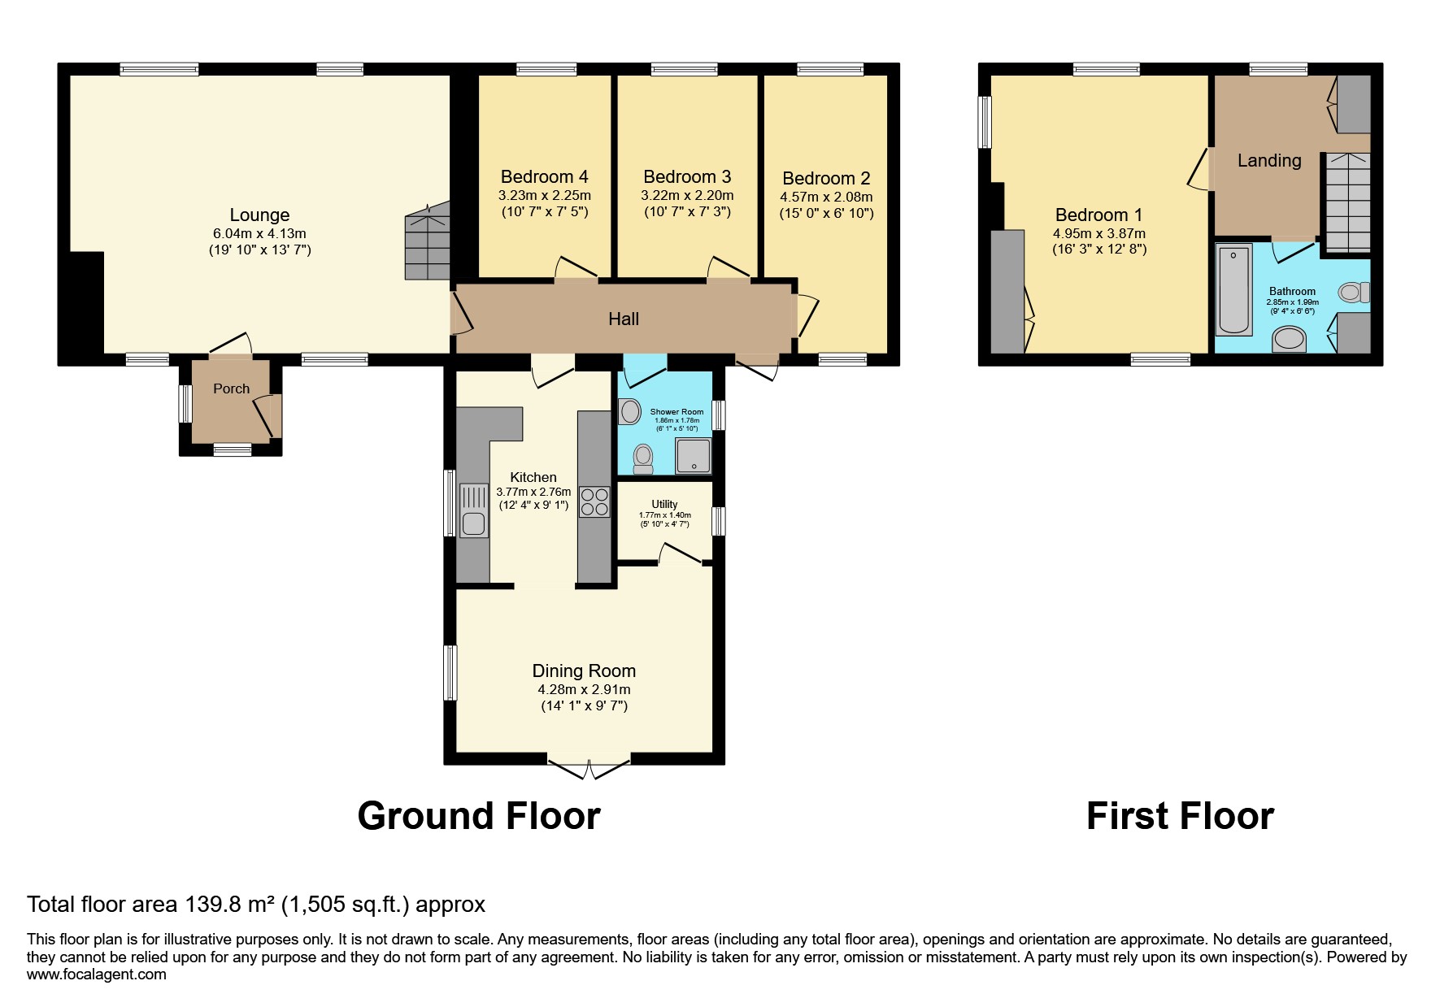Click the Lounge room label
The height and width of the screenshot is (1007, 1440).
click(259, 215)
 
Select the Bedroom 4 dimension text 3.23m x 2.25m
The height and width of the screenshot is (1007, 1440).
click(544, 196)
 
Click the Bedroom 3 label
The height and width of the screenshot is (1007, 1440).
click(687, 177)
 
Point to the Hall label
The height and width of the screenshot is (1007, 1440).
click(624, 319)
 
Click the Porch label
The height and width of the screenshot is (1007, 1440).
click(231, 389)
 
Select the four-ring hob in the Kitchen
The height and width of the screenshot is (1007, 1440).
click(594, 502)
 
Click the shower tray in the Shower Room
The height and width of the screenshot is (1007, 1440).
click(693, 457)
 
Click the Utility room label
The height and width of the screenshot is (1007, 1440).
click(664, 505)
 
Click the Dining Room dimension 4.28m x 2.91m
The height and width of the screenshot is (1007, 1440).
click(584, 689)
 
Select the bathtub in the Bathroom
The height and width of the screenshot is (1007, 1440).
click(1233, 291)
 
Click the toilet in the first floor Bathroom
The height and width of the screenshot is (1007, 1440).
click(1355, 292)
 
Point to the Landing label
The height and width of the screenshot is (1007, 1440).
click(1269, 161)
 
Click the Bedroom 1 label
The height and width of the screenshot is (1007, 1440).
click(1098, 215)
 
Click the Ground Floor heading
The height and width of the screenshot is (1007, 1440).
click(479, 816)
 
